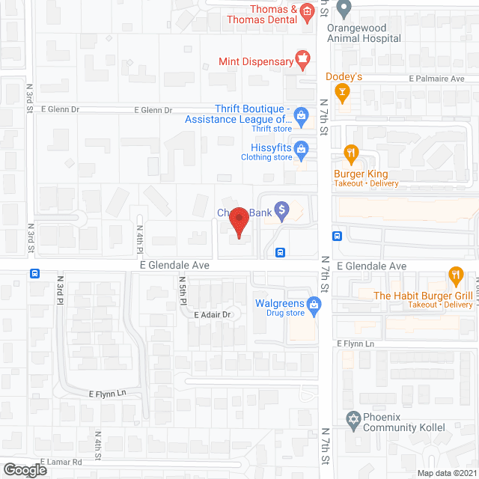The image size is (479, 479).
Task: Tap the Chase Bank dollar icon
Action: tap(281, 211)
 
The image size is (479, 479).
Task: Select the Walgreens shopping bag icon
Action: tap(315, 304)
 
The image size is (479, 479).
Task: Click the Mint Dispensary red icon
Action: tap(302, 58)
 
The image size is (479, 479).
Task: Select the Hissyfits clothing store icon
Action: tap(301, 147)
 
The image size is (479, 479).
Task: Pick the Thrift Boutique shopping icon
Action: tap(301, 115)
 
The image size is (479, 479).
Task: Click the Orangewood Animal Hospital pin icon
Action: tap(344, 10)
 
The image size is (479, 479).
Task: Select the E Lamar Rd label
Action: tap(61, 463)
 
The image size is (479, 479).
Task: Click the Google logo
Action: tap(24, 469)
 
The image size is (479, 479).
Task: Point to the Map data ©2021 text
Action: tap(445, 473)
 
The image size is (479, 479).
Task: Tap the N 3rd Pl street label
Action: tap(60, 288)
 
